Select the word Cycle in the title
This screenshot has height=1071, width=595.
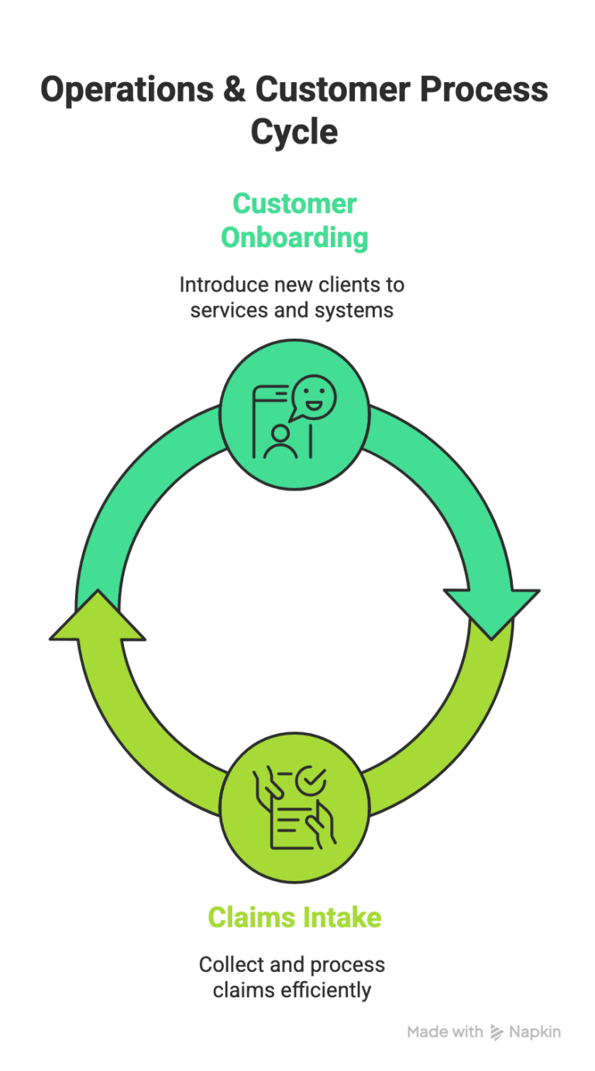[294, 132]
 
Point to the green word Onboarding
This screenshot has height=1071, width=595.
[294, 237]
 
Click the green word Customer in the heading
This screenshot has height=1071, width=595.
[294, 204]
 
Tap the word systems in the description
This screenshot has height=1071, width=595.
[357, 310]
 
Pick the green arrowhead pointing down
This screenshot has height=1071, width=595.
[491, 612]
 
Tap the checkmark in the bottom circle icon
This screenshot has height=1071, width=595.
[313, 777]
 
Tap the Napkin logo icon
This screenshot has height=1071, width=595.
[497, 1032]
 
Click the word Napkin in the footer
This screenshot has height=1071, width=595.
[535, 1032]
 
